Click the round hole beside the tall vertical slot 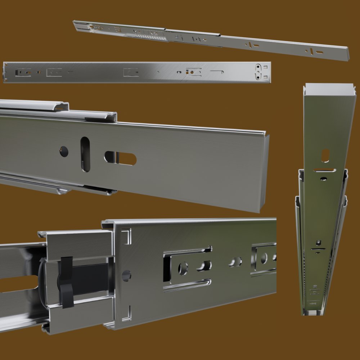point(64,151)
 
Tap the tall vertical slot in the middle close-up point(85,154)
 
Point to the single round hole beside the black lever point(126,275)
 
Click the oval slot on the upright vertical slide point(325,156)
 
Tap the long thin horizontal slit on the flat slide point(217,72)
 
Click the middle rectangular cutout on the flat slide point(131,72)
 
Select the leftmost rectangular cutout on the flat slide point(22,72)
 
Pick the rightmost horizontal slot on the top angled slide point(319,53)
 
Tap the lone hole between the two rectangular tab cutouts point(235,262)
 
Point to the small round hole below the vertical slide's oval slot point(324,178)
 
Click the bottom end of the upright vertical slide point(312,312)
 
